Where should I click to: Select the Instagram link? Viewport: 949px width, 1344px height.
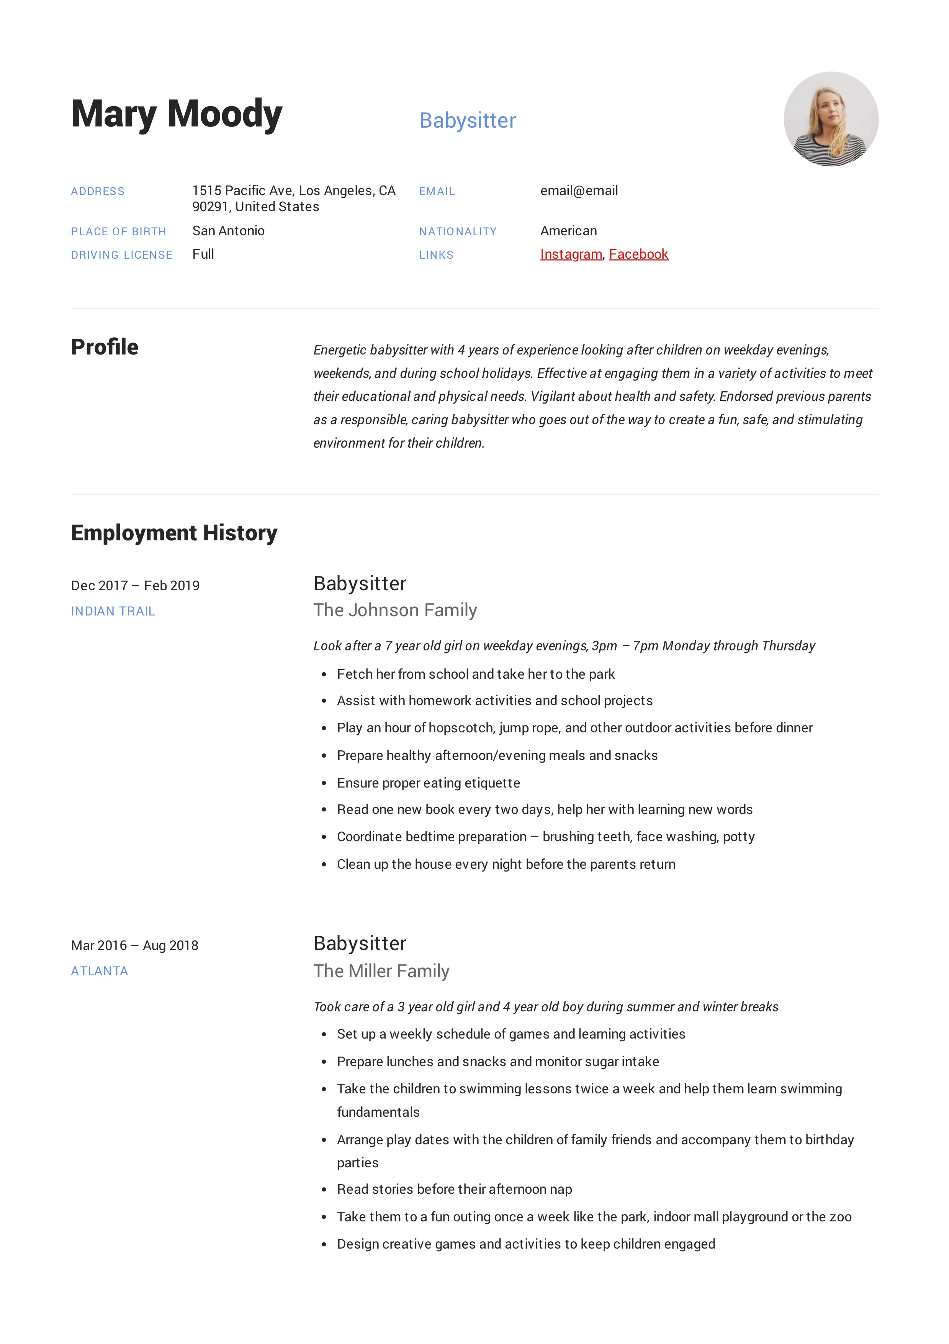coord(571,254)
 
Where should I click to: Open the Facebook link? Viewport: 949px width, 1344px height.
coord(638,254)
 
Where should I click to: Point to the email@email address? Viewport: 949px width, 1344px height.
coord(579,191)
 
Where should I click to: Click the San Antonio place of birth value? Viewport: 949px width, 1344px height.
coord(228,231)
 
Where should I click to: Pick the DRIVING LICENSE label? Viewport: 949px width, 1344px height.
coord(122,255)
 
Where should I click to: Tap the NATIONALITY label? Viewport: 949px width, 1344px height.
coord(458,232)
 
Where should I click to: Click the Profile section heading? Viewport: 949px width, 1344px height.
coord(105,347)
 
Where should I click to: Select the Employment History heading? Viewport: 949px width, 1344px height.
coord(174,533)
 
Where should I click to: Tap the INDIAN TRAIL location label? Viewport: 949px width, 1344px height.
coord(113,611)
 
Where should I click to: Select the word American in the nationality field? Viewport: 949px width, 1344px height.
coord(568,231)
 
